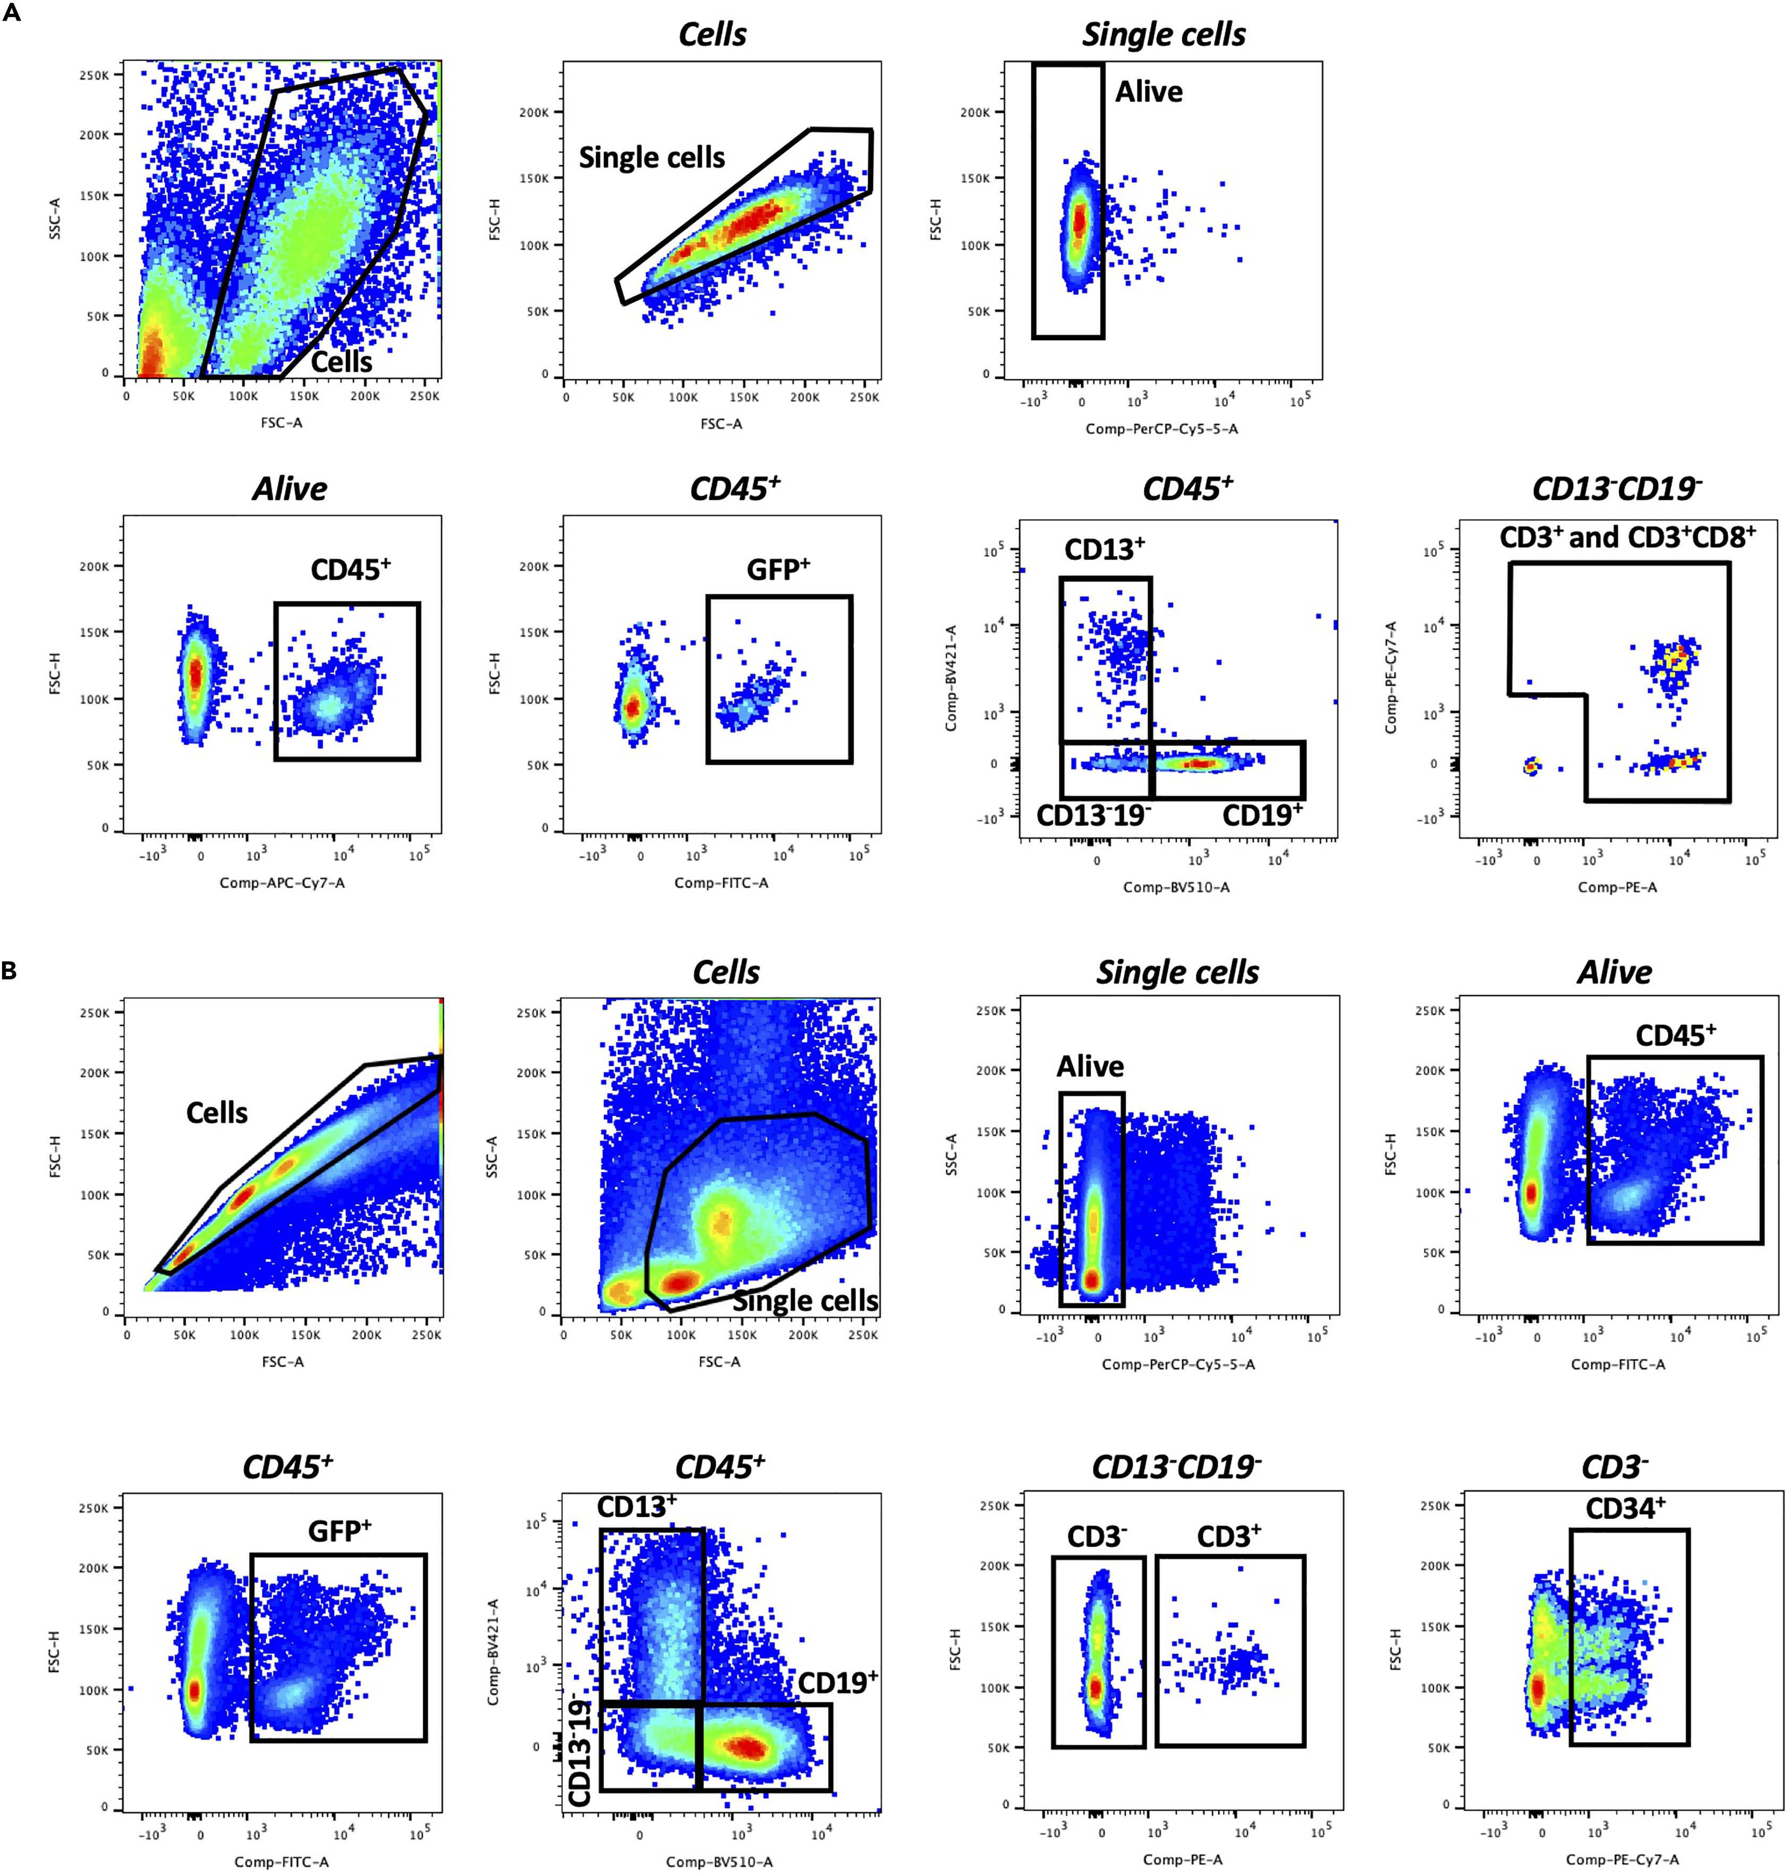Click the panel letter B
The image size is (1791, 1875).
10,971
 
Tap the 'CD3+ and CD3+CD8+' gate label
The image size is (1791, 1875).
1627,538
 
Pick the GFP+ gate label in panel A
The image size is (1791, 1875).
778,570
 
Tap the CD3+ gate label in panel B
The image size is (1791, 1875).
1229,1536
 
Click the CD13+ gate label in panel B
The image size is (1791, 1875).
636,1506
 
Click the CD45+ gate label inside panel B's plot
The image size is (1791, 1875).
1676,1036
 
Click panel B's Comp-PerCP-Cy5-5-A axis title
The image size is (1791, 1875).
1178,1364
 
